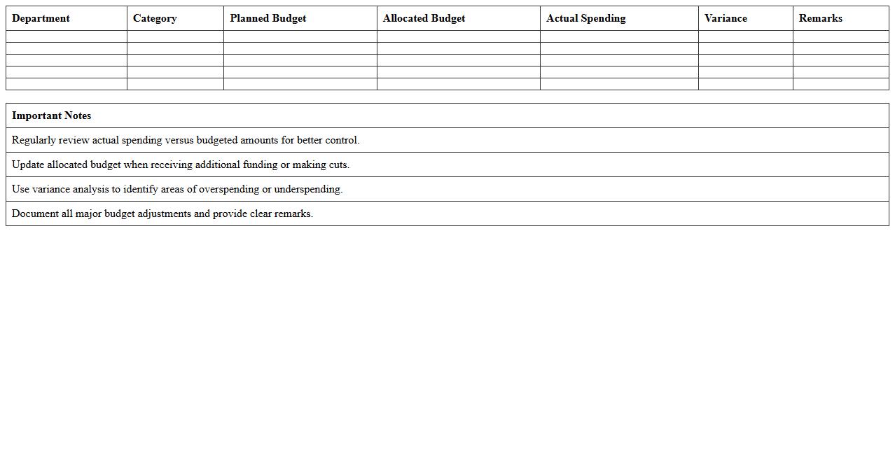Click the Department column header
point(41,18)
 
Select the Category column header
point(155,18)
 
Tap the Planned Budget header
point(268,18)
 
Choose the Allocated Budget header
point(424,18)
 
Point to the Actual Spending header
point(585,18)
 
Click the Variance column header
point(726,18)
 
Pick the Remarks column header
point(820,18)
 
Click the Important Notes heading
point(51,115)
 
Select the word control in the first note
point(341,140)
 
